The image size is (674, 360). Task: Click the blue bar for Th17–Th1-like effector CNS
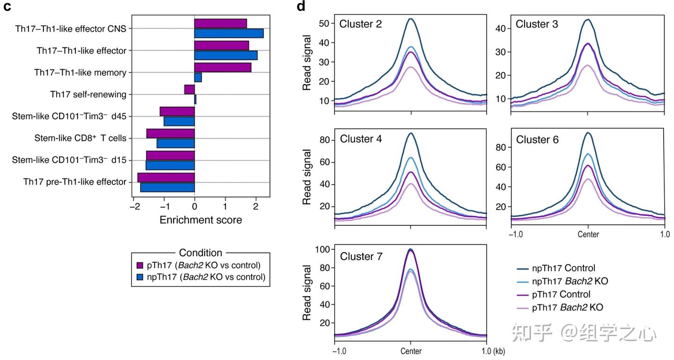[229, 33]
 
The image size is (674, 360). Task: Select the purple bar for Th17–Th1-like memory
[222, 67]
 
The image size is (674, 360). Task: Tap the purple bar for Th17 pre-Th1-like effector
[166, 177]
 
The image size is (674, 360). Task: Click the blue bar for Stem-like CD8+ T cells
[176, 143]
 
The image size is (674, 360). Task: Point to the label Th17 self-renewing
[88, 95]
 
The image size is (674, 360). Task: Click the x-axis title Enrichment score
[201, 220]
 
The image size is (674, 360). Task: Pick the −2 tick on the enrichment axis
[134, 206]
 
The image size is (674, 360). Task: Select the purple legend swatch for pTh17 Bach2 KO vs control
[139, 265]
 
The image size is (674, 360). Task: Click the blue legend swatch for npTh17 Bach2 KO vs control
[139, 277]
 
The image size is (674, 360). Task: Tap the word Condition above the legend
[200, 253]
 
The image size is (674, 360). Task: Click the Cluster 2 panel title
[360, 24]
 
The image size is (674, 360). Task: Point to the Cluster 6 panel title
[537, 140]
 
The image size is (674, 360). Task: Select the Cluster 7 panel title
[361, 257]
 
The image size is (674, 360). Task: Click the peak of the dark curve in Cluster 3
[587, 20]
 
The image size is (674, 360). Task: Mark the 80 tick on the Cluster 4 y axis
[326, 140]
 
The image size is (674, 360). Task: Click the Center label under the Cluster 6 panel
[588, 234]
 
